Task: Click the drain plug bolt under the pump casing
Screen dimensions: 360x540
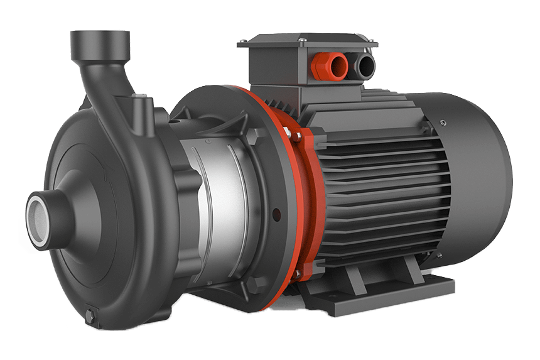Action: (90, 313)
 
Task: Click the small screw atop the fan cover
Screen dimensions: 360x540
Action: (443, 121)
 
